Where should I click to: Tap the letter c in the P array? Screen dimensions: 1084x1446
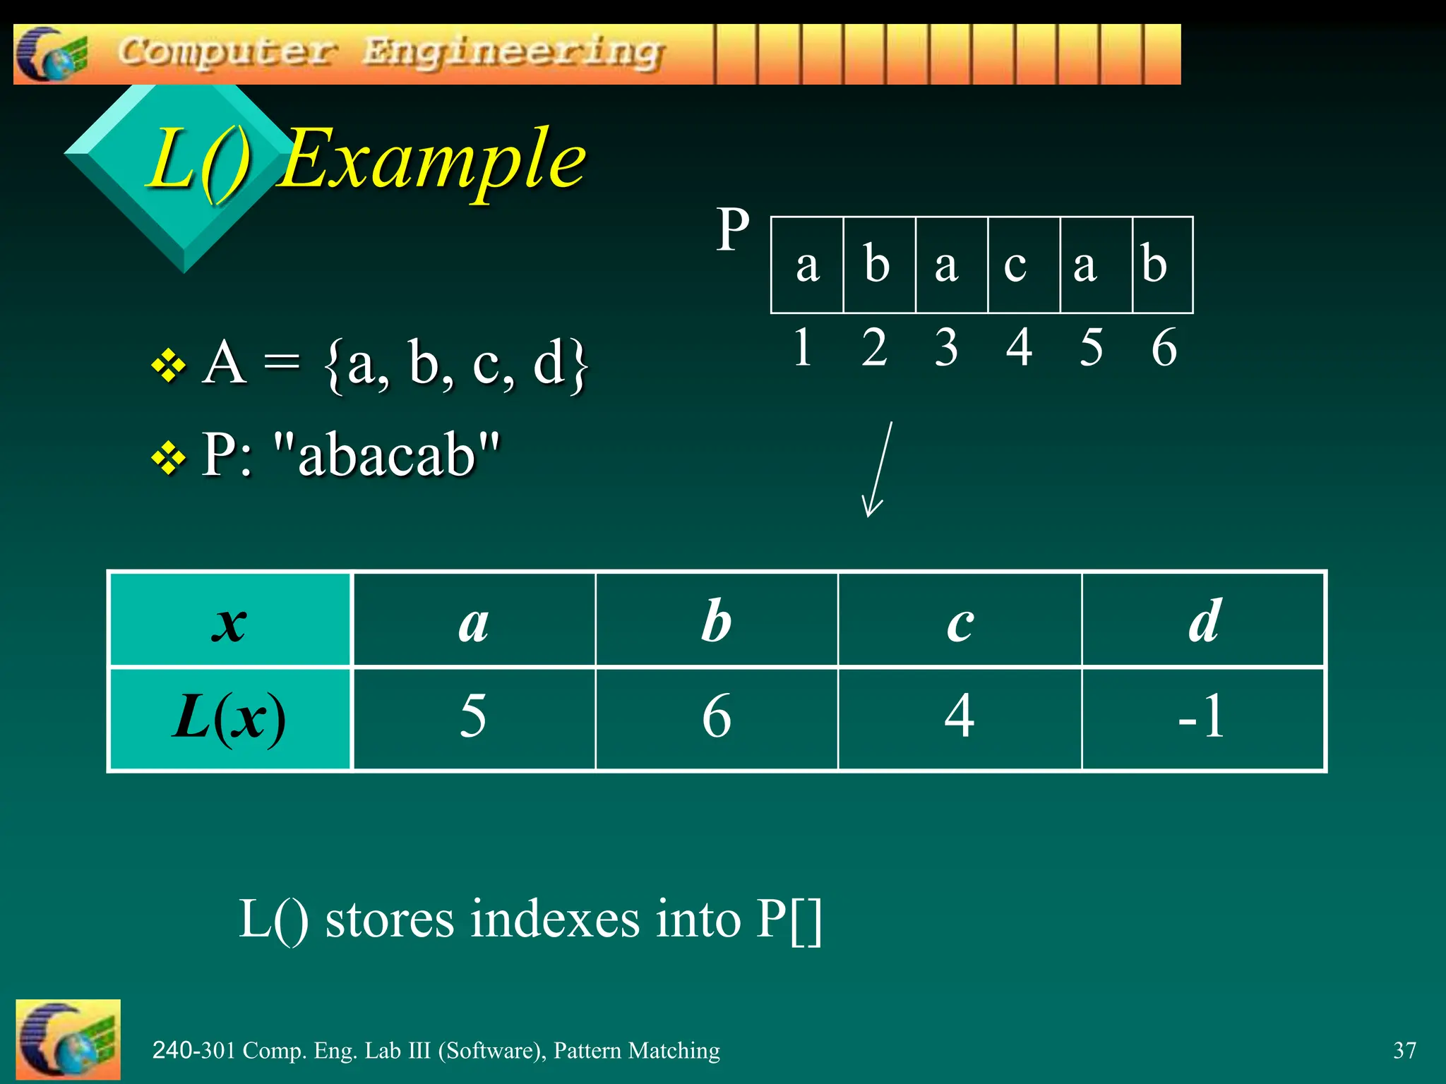coord(1015,265)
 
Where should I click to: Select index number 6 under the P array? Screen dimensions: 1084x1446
coord(1164,347)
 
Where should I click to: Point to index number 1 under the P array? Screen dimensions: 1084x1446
coord(803,347)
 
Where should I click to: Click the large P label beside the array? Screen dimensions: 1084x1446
coord(732,230)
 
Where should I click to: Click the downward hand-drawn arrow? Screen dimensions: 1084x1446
coord(878,469)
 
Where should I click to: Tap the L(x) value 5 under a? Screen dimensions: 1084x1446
coord(473,717)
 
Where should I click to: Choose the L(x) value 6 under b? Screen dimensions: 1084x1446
coord(716,717)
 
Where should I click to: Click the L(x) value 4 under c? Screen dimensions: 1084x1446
coord(959,717)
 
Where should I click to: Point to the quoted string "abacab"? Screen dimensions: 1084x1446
coord(386,455)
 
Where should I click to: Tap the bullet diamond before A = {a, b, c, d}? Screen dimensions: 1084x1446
coord(169,366)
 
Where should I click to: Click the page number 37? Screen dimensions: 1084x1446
coord(1404,1050)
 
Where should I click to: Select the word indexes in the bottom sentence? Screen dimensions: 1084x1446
coord(555,920)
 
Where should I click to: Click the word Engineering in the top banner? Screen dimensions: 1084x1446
coord(513,52)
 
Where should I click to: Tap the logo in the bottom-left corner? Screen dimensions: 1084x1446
coord(68,1040)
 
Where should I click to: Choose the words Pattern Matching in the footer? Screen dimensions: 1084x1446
coord(636,1050)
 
